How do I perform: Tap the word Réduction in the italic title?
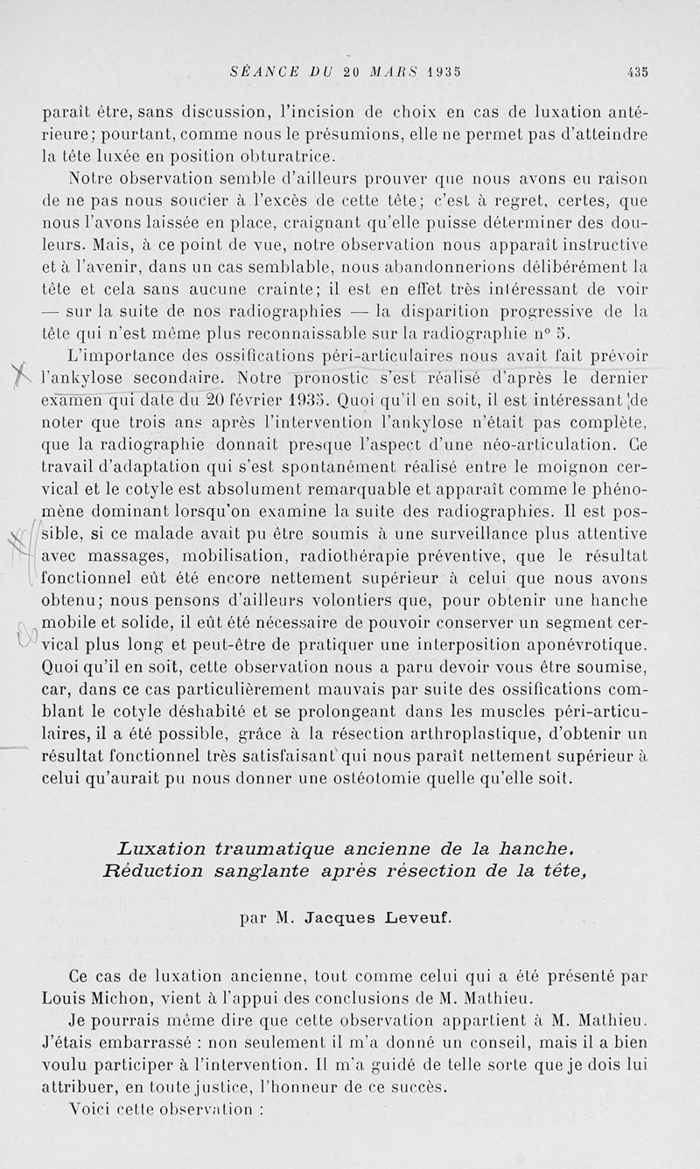pos(151,870)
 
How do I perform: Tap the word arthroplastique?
pos(509,733)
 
